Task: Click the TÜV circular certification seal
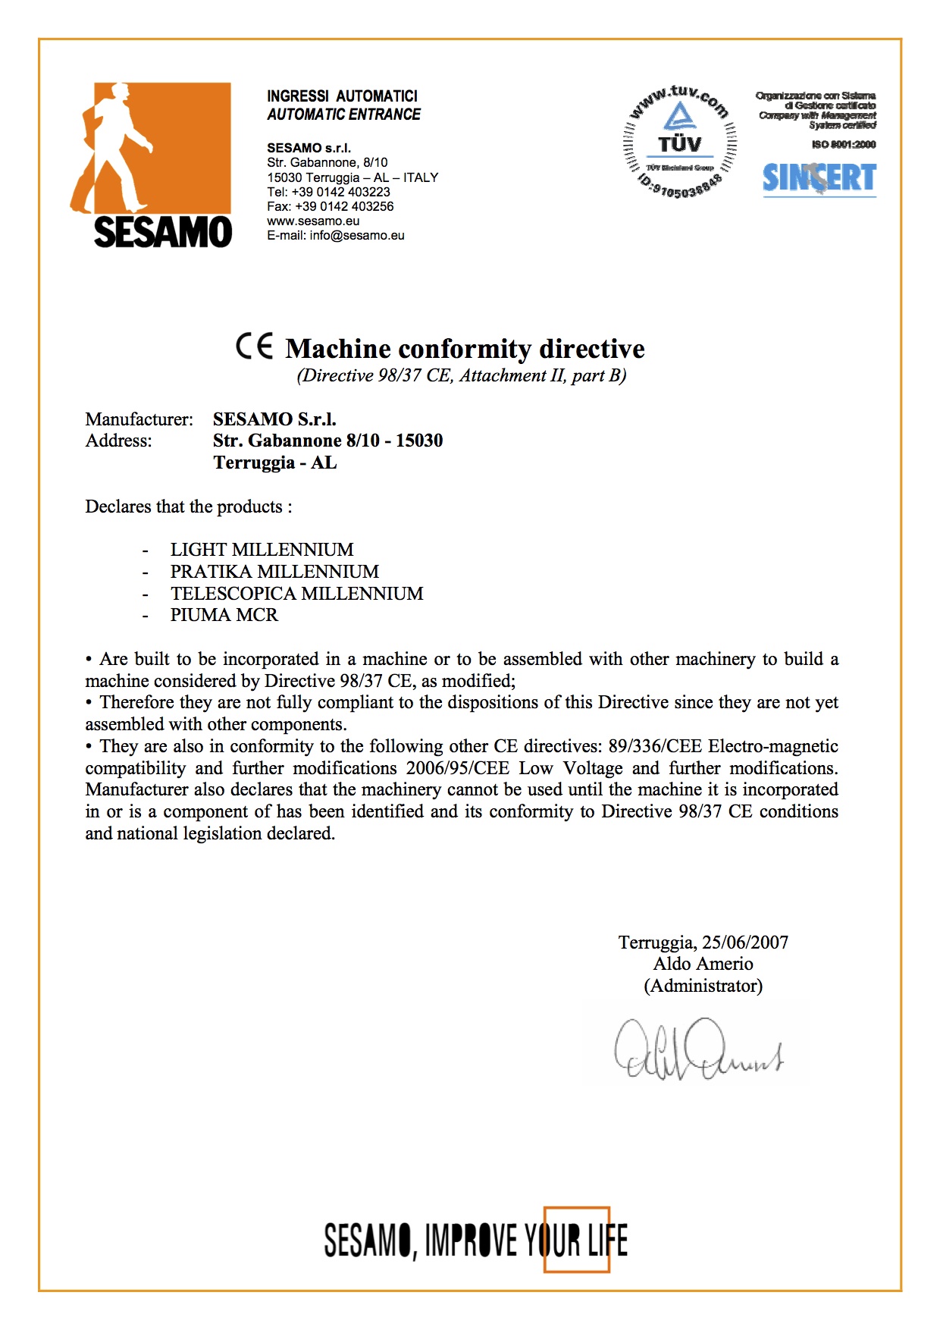point(679,143)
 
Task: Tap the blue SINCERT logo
point(819,179)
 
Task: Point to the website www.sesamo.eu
point(313,221)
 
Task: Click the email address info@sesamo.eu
point(357,235)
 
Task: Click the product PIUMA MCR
point(224,615)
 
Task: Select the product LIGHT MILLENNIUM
point(262,550)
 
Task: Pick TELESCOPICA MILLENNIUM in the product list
point(296,593)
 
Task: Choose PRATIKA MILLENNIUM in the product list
point(274,572)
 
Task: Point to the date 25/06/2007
point(745,943)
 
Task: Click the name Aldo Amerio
point(703,964)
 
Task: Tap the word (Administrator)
point(703,986)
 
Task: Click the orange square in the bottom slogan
point(576,1239)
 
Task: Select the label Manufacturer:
point(139,419)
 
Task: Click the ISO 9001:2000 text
point(843,144)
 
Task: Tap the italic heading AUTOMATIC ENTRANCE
point(343,114)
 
